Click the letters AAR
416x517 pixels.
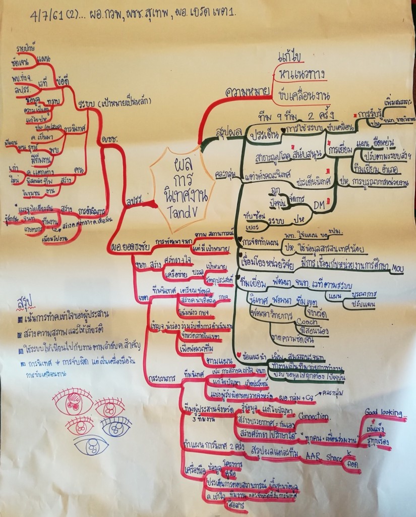click(302, 456)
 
